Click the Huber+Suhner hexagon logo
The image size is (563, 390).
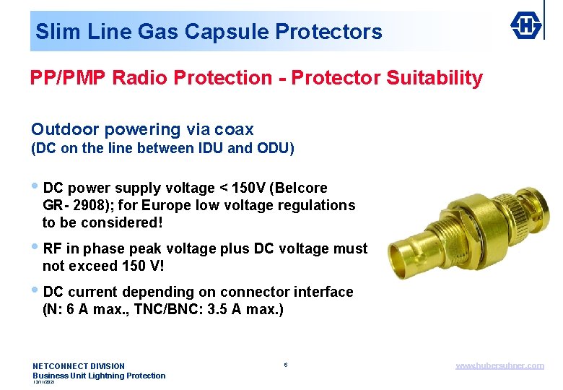pos(528,26)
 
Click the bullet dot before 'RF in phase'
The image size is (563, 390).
pos(36,248)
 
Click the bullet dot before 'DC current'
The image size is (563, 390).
pos(36,291)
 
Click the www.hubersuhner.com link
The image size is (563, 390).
pos(499,365)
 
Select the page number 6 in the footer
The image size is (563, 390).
pos(286,365)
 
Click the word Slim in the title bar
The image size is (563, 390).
pos(53,32)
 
